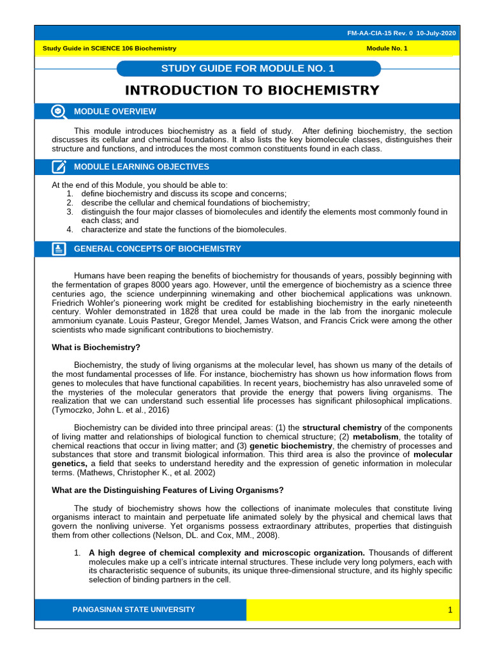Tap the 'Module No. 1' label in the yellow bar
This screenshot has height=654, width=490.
tap(387, 49)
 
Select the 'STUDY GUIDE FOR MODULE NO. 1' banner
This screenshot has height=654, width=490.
tap(249, 68)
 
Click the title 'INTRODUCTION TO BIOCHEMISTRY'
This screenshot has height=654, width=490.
tap(252, 91)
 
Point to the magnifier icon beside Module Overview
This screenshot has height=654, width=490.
tap(59, 112)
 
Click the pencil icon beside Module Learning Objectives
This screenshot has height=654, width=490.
tap(59, 167)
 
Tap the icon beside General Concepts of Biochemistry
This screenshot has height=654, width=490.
tap(59, 249)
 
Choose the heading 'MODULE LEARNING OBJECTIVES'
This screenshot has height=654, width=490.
tap(142, 167)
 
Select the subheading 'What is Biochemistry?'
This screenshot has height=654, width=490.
tap(96, 347)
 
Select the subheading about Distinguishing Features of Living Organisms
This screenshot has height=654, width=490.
tap(167, 490)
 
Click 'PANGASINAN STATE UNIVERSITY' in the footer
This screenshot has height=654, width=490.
tap(134, 610)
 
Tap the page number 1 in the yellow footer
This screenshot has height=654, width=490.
tap(449, 611)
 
